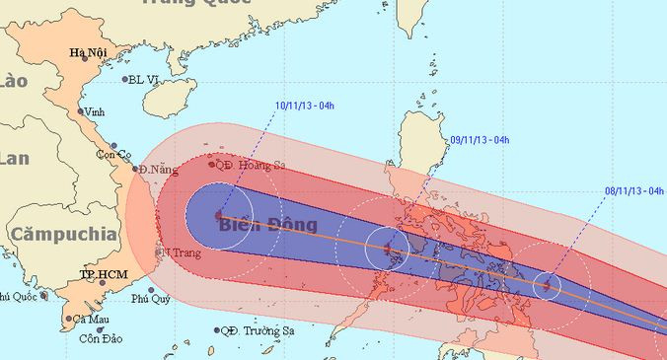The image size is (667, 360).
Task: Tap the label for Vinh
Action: [x=95, y=111]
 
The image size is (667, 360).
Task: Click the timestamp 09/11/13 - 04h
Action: [x=479, y=140]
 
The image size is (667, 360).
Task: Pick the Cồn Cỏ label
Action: [x=112, y=155]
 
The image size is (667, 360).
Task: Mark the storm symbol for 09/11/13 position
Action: [x=388, y=249]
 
